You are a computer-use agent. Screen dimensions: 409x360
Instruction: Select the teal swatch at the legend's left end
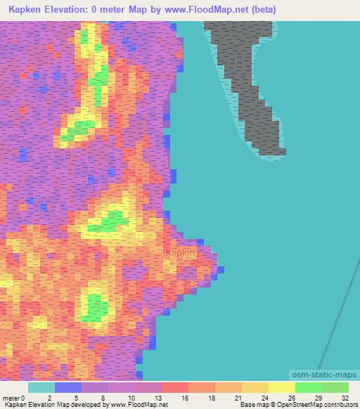[41, 387]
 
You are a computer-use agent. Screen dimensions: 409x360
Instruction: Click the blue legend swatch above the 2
[68, 387]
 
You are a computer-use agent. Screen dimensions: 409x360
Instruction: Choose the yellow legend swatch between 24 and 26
[282, 387]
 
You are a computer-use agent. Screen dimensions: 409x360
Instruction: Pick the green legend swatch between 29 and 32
[335, 387]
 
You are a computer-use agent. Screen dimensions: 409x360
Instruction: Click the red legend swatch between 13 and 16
[175, 387]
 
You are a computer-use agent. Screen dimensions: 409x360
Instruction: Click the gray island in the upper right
[246, 77]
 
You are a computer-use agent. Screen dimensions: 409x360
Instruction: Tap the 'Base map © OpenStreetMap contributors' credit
[297, 405]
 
